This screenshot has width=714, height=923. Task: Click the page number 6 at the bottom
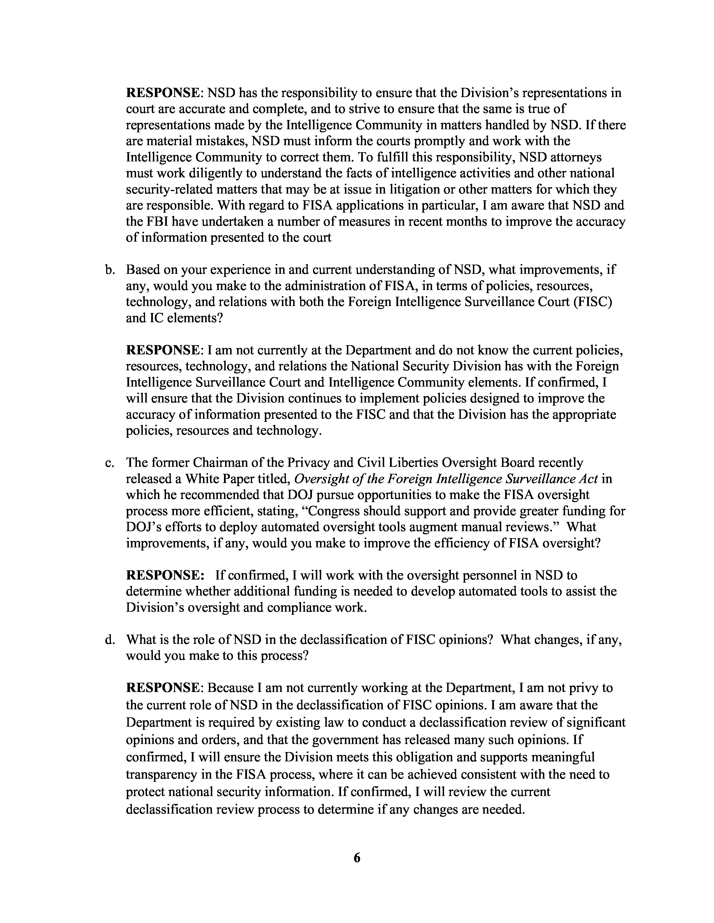pos(356,858)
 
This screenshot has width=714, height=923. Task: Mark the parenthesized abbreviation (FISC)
pos(592,302)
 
